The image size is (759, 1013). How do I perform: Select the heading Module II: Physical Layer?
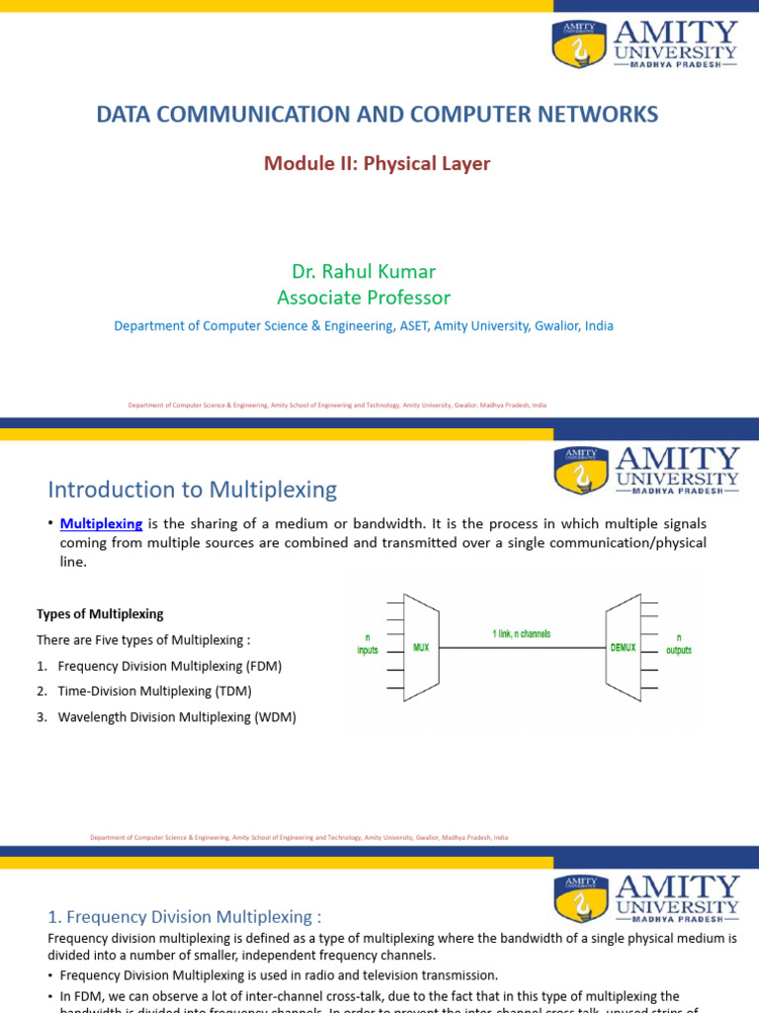point(377,163)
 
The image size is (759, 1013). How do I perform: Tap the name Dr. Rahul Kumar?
point(364,271)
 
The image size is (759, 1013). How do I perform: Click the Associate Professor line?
point(364,297)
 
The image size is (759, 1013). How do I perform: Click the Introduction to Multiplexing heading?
point(193,489)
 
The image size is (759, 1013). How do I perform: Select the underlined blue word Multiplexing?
point(102,523)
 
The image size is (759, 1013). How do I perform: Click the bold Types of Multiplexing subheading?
point(100,614)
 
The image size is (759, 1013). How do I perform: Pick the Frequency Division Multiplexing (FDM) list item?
point(170,666)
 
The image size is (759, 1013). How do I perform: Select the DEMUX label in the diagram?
point(623,648)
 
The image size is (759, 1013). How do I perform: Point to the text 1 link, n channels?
point(521,633)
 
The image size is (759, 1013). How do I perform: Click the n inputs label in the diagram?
point(367,644)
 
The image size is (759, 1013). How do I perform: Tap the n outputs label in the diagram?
point(679,644)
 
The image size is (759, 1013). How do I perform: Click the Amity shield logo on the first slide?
point(579,46)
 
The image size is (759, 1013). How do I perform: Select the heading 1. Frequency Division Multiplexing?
point(185,917)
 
